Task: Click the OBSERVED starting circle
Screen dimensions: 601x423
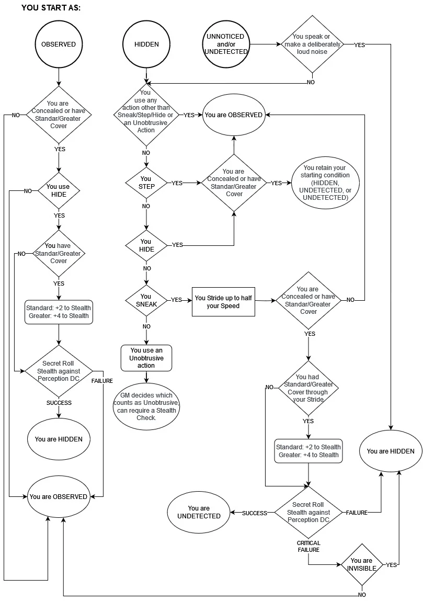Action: pyautogui.click(x=59, y=44)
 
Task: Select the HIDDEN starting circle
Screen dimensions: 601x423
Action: pyautogui.click(x=146, y=44)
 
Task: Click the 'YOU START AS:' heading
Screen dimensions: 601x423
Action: pyautogui.click(x=51, y=9)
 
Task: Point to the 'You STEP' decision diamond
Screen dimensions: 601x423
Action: pyautogui.click(x=146, y=183)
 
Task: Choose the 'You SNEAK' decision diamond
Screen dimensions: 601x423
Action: pyautogui.click(x=146, y=300)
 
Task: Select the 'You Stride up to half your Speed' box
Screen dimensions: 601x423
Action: pyautogui.click(x=224, y=302)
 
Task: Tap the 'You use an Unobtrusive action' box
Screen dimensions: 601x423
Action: pyautogui.click(x=146, y=358)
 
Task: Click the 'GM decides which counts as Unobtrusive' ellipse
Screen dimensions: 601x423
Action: pyautogui.click(x=146, y=406)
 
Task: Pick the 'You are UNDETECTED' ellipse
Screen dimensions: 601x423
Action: pyautogui.click(x=198, y=512)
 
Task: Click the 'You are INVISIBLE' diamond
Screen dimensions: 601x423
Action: pyautogui.click(x=361, y=565)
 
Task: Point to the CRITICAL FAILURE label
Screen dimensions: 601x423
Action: pyautogui.click(x=308, y=546)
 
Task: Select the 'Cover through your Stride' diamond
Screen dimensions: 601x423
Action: pyautogui.click(x=308, y=388)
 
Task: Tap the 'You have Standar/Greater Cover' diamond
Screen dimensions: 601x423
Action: pyautogui.click(x=58, y=254)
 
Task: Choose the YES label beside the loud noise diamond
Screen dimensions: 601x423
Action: pyautogui.click(x=360, y=45)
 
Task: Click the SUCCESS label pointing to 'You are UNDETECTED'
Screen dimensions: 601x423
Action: pyautogui.click(x=254, y=513)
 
